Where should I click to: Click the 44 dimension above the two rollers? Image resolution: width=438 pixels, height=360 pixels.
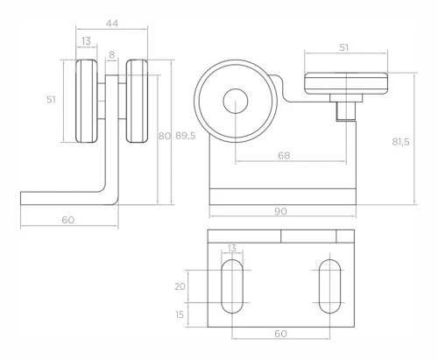[x=112, y=24]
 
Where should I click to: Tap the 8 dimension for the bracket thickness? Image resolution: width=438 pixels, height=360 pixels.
[x=112, y=54]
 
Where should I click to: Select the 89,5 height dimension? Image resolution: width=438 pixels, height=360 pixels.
[x=186, y=136]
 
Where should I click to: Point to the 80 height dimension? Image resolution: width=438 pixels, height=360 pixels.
[x=164, y=136]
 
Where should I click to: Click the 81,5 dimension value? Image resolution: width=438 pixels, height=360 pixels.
[x=400, y=142]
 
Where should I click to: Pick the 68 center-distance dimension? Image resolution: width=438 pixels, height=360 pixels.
[x=284, y=155]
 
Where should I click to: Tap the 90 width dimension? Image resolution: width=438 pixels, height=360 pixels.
[x=280, y=211]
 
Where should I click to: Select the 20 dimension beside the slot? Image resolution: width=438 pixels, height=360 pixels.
[x=180, y=286]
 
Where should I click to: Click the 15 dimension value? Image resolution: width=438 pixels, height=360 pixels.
[x=180, y=314]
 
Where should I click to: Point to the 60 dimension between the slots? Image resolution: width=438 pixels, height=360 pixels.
[x=280, y=334]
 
